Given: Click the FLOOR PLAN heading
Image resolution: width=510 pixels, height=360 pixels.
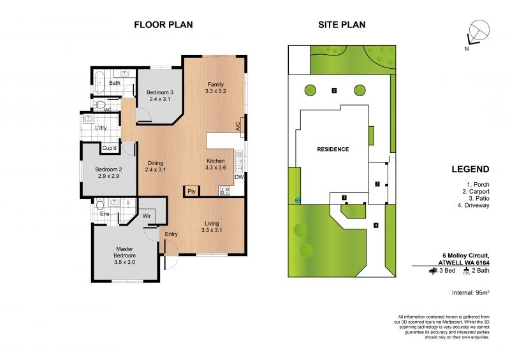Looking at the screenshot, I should [x=163, y=25].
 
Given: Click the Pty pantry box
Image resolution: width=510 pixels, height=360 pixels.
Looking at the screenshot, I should [x=191, y=191].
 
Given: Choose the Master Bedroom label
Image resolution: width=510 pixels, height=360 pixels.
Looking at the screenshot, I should [x=124, y=252].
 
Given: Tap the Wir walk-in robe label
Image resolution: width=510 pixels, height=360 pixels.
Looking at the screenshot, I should [x=146, y=216].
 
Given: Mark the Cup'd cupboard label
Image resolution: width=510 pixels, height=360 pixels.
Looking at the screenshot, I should [x=110, y=148].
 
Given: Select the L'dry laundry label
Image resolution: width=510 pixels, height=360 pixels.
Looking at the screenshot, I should [x=101, y=128].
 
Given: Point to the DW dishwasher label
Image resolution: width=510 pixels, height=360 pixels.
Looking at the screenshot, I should [x=240, y=176].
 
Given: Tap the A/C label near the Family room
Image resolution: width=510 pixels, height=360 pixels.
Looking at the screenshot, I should [x=238, y=126].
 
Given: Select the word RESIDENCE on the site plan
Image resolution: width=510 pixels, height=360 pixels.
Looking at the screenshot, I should [x=333, y=149].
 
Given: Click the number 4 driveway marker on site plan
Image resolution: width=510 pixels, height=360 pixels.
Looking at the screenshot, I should [x=376, y=225].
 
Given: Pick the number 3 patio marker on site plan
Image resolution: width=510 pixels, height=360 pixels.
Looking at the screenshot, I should [x=334, y=90].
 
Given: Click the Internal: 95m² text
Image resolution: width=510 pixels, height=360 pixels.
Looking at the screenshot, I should [x=470, y=292].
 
